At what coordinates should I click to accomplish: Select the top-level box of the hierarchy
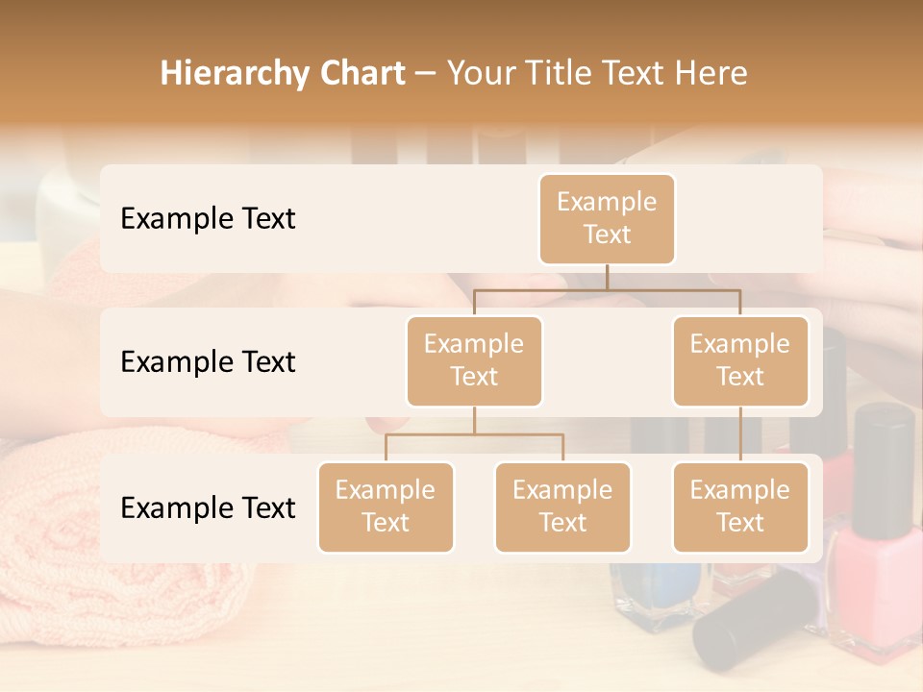coord(607,218)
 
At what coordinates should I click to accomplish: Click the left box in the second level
coord(474,360)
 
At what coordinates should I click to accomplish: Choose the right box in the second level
coord(740,360)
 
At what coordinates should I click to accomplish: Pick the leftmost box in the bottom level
coord(386,507)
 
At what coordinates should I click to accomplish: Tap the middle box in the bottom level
coord(562,507)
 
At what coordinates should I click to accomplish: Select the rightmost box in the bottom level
coord(740,507)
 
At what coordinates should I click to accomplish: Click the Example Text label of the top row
coord(208,219)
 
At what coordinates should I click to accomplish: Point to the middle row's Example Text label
coord(208,362)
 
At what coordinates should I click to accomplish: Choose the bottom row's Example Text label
coord(208,507)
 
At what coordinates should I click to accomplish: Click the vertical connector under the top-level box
coord(607,277)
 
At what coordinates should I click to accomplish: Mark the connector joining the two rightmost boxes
coord(740,434)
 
